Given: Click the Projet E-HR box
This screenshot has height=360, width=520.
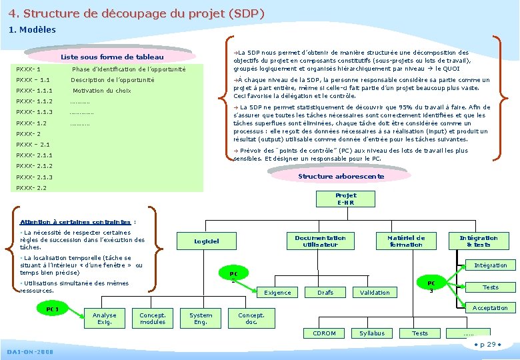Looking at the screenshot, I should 346,199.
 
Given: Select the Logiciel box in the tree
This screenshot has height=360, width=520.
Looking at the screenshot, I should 207,241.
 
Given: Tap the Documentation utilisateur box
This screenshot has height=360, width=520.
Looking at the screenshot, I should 320,241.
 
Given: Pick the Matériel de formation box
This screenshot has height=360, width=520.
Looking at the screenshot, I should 406,241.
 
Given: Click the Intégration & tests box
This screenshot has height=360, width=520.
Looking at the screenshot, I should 478,241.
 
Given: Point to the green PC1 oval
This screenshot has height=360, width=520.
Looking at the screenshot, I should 53,309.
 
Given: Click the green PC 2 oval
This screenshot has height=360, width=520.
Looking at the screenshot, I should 233,275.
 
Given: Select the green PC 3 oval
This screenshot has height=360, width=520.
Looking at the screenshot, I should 431,285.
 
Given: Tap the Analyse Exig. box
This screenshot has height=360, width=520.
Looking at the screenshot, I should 104,319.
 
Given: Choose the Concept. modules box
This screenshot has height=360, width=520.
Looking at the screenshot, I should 153,319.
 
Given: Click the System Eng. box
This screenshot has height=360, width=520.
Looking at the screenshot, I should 201,319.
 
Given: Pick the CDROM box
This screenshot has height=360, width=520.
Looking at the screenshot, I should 324,333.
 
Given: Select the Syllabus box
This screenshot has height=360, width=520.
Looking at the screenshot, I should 372,333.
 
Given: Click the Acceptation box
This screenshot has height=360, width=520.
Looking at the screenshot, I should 490,308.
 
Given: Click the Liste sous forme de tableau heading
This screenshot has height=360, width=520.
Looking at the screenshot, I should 117,57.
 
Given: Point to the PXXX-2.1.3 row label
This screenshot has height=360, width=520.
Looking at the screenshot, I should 35,177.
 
